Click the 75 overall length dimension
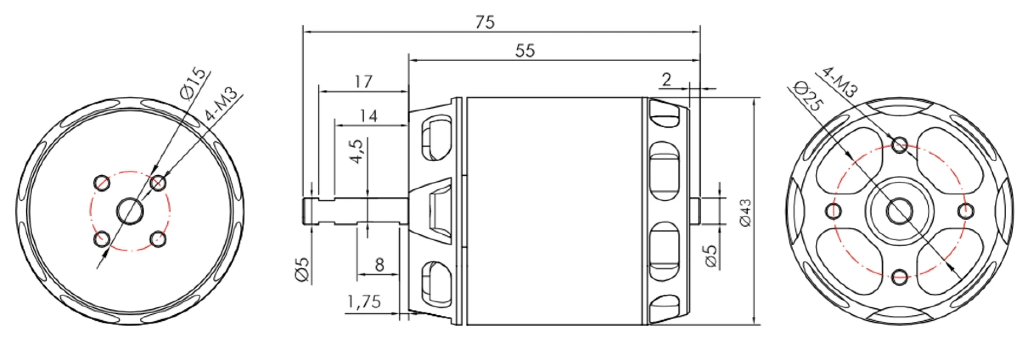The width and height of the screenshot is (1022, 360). [485, 22]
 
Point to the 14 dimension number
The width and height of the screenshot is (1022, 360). [369, 116]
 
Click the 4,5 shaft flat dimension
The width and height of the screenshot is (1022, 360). [356, 151]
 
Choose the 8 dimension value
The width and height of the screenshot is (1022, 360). [380, 264]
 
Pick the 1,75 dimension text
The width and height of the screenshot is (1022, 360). [364, 302]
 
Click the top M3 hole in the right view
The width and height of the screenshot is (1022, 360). [899, 145]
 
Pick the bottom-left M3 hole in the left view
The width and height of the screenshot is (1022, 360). [102, 239]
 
